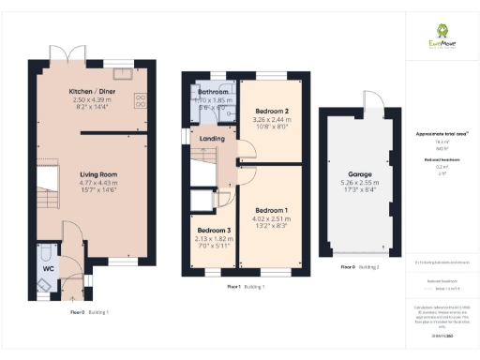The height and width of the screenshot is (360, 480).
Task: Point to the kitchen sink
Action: tap(122, 72)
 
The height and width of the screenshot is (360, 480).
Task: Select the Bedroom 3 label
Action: tap(214, 230)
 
